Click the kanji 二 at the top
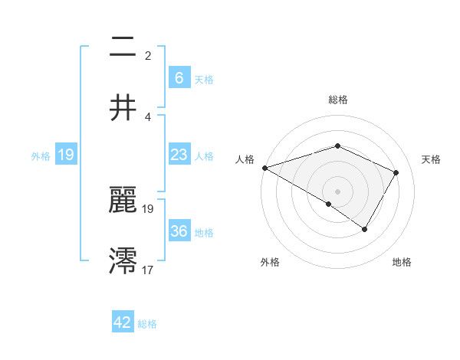(x=123, y=47)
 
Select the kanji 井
(x=123, y=107)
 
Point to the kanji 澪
(x=123, y=260)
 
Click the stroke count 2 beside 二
(x=148, y=55)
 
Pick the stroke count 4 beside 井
(x=148, y=116)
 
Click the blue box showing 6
(x=179, y=78)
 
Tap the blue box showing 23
(x=179, y=155)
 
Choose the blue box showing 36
(x=179, y=231)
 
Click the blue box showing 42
(x=123, y=322)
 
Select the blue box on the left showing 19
(x=65, y=155)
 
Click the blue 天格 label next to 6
(x=204, y=79)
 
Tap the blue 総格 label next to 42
(x=147, y=324)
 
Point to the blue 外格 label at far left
(x=41, y=156)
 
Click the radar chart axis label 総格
(x=337, y=100)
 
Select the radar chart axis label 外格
(x=270, y=262)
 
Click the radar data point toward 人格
(x=264, y=168)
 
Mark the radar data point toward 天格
(x=396, y=172)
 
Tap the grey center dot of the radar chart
(x=337, y=191)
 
